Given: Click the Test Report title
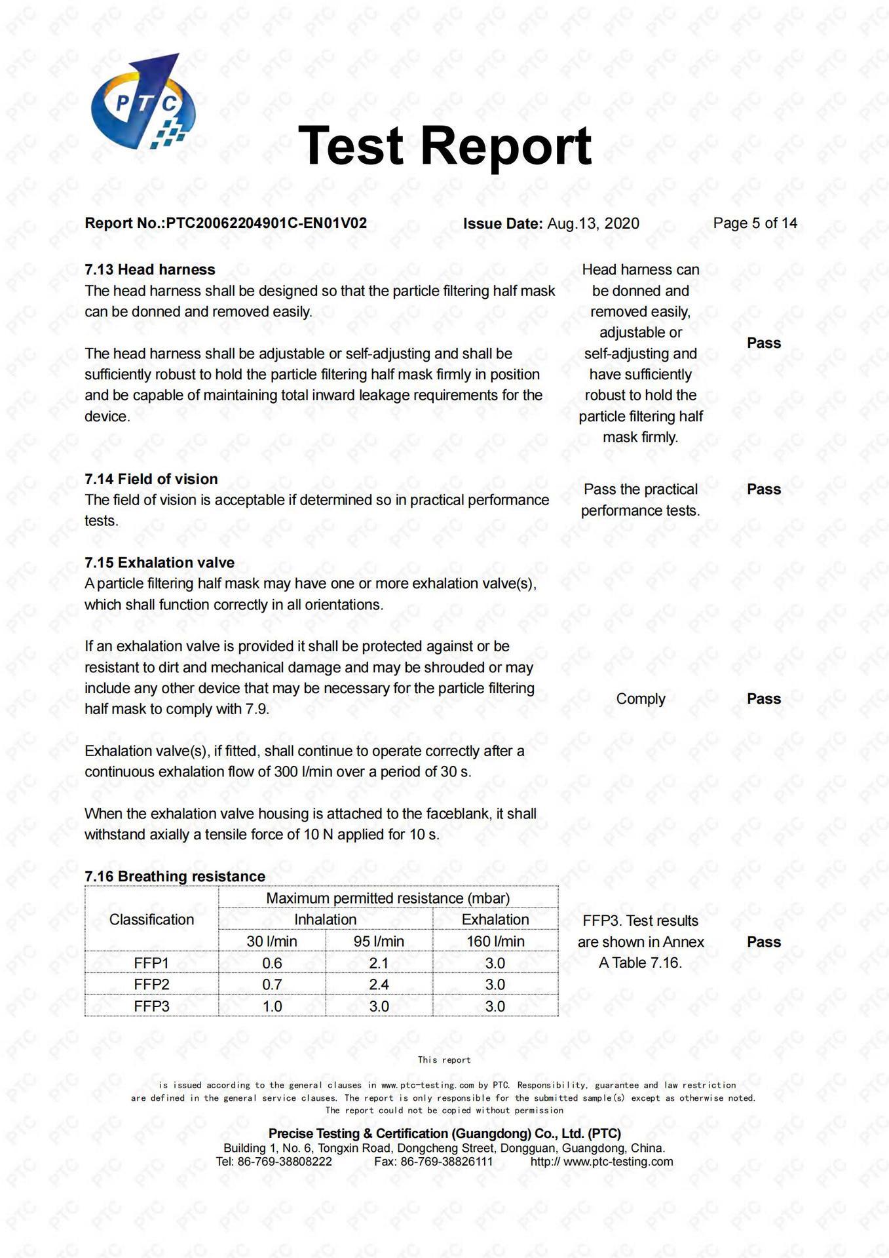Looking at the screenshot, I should (445, 145).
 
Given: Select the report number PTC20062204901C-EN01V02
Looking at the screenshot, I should (266, 223).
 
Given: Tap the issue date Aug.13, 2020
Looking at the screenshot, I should (593, 223).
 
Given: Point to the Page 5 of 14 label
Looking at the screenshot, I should (755, 223).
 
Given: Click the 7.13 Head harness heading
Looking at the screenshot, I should (150, 270).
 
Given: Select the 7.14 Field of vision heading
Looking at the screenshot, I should (151, 479).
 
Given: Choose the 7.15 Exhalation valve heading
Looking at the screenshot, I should (159, 563).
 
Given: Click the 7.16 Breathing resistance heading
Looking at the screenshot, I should (175, 877).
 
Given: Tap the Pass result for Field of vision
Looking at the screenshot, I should (764, 489).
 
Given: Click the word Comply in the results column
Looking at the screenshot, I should (641, 699).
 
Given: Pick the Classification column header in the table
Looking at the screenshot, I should (151, 920).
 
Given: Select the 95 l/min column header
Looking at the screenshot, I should (379, 942).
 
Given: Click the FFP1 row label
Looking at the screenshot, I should (151, 963).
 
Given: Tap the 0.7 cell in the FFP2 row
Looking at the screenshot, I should (272, 985).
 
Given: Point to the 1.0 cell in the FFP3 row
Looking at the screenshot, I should (272, 1006).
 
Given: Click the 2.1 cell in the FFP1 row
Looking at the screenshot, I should (379, 963).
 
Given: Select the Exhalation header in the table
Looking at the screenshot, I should (495, 920).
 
